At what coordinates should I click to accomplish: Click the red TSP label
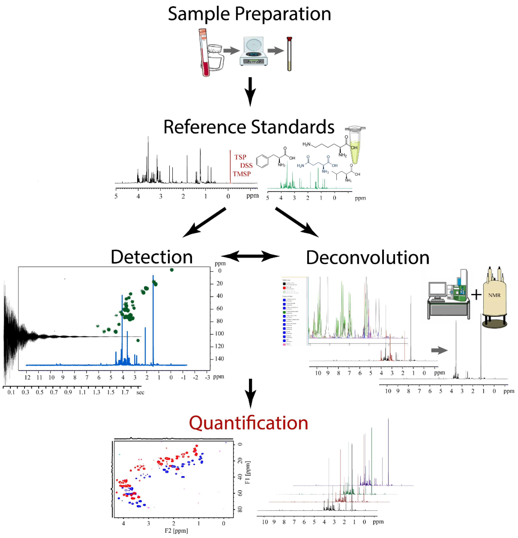coord(240,157)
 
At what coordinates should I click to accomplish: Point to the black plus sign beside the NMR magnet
coord(476,295)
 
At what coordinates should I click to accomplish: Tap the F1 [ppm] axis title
coord(247,472)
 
